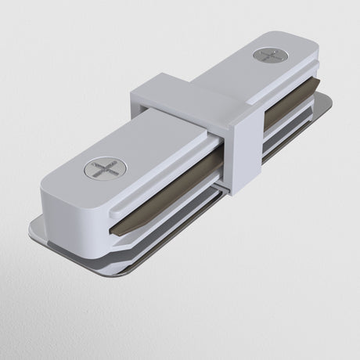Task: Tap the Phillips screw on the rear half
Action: pos(270,56)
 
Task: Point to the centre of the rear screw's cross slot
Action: pos(270,56)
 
